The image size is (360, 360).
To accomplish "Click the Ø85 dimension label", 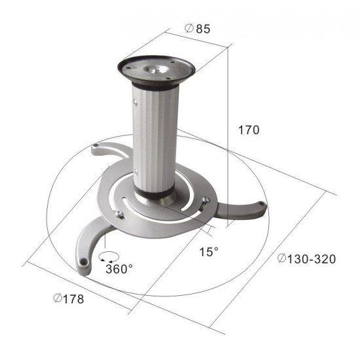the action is (197, 29).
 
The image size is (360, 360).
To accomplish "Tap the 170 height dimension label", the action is (249, 130).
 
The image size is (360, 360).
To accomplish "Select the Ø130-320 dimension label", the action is (306, 259).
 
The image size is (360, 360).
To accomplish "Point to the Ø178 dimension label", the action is (69, 299).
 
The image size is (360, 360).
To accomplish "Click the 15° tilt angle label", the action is (209, 252).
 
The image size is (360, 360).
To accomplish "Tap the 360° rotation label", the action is (119, 269).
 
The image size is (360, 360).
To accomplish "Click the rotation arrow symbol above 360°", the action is (109, 257).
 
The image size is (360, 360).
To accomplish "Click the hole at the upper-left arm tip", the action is (96, 145).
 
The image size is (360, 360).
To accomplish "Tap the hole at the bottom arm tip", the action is (84, 262).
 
